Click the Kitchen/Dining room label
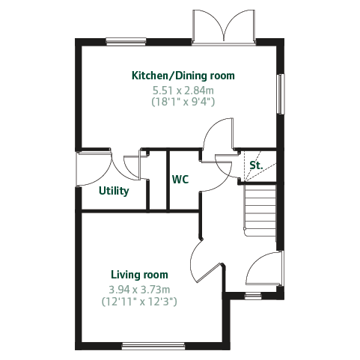click(x=183, y=76)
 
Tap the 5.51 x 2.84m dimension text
click(x=183, y=91)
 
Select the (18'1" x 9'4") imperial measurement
click(x=183, y=102)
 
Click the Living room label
click(x=139, y=275)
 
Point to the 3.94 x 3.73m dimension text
click(x=139, y=290)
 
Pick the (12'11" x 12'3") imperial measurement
click(x=139, y=302)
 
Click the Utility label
click(x=114, y=191)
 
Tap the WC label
click(x=180, y=180)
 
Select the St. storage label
click(x=256, y=165)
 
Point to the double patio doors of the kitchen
click(x=224, y=28)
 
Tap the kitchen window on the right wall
click(x=281, y=94)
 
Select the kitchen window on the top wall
click(x=126, y=41)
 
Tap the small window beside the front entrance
click(x=253, y=296)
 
